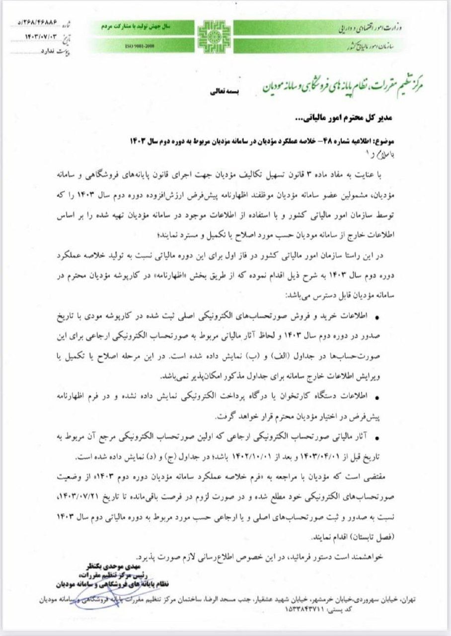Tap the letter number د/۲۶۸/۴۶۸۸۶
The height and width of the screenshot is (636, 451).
[x=38, y=23]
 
